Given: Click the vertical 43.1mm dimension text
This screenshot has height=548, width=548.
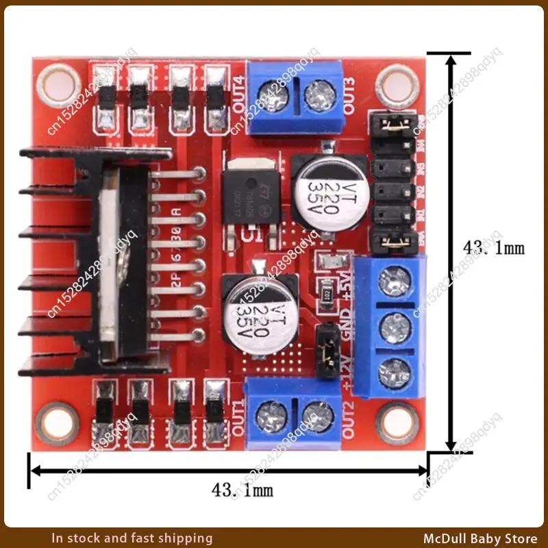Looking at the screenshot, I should click(494, 247).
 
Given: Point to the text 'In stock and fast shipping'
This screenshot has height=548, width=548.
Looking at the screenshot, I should click(132, 538).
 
